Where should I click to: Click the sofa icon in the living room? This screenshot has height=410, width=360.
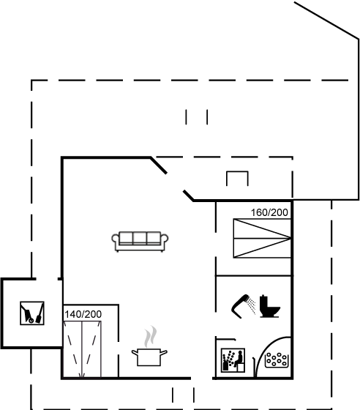[140, 241]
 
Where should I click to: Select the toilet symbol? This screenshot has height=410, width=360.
[269, 306]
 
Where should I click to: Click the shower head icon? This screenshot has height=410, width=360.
[240, 306]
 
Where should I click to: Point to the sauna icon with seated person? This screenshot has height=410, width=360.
[233, 360]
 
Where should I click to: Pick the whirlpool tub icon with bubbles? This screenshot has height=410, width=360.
[277, 360]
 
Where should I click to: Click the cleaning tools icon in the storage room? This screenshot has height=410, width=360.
[32, 313]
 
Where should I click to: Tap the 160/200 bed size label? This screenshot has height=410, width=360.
[269, 212]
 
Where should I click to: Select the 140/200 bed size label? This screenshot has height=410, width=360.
[83, 314]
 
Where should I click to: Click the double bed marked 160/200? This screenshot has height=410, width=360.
[262, 238]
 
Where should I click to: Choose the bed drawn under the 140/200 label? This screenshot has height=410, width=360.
[82, 350]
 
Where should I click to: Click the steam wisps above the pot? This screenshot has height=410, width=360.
[151, 337]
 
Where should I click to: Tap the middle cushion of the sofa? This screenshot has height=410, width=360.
[140, 238]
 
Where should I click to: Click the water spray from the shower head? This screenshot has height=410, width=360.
[252, 306]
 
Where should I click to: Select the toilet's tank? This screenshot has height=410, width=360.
[264, 301]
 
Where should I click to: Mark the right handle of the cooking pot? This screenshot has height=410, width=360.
[164, 353]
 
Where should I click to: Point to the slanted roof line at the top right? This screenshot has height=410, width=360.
[326, 20]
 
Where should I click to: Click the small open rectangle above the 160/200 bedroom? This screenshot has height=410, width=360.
[237, 172]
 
